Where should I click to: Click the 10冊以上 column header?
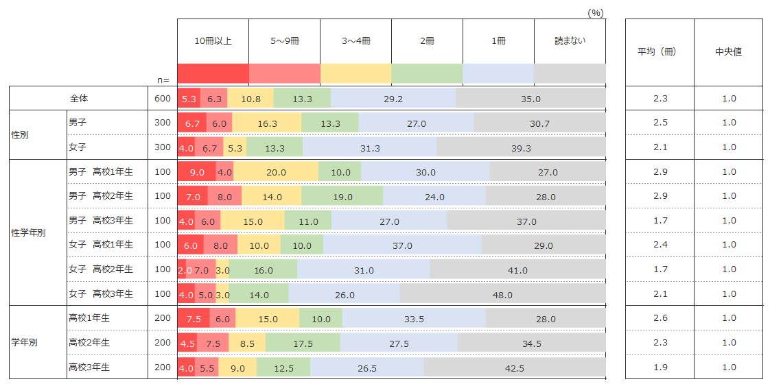[213, 41]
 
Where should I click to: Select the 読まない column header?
[570, 41]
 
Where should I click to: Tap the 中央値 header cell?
[728, 51]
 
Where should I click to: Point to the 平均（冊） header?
[660, 51]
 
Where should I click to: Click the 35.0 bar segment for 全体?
[530, 99]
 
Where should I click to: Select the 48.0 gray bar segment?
[502, 295]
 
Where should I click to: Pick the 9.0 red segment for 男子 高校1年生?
[196, 172]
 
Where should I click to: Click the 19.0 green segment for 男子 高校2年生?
[342, 197]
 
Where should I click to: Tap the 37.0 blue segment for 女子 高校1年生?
[402, 245]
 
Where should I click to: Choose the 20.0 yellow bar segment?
[276, 172]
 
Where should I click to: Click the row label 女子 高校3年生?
[100, 294]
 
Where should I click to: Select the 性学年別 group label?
[29, 232]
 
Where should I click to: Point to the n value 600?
[162, 99]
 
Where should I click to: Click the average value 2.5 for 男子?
[660, 123]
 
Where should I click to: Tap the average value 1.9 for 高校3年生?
[660, 367]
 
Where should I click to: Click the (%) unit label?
[595, 12]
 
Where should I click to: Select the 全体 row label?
[79, 99]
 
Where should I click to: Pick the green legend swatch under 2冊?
[427, 73]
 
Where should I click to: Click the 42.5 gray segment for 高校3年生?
[514, 368]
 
